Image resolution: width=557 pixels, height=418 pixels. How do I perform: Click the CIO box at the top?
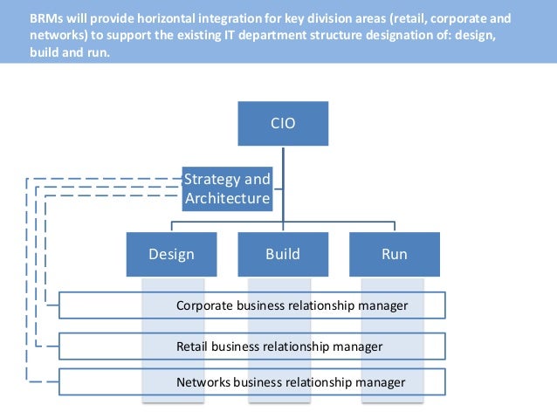click(x=283, y=124)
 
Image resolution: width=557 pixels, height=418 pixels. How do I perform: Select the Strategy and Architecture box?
click(x=227, y=188)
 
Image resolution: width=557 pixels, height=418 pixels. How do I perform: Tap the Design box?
click(x=171, y=255)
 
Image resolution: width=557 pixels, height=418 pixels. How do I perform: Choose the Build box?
click(x=283, y=255)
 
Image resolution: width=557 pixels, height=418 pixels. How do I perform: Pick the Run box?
click(x=394, y=255)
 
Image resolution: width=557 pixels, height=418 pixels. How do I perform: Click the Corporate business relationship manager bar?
click(x=252, y=305)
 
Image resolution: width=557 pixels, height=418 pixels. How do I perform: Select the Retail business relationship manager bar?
click(x=252, y=346)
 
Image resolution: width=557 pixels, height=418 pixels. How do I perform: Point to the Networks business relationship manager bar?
click(x=252, y=382)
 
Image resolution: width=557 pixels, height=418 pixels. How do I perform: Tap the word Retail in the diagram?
click(x=193, y=346)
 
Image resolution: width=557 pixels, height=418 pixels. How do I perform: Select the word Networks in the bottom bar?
click(x=204, y=382)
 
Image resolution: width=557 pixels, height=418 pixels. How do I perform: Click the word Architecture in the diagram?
click(x=227, y=199)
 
